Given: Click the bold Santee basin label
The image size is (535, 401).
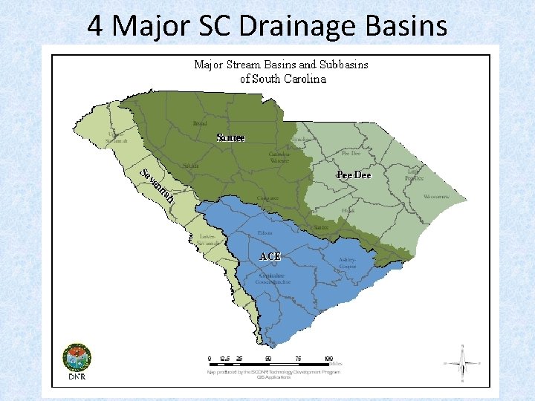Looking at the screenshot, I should pyautogui.click(x=230, y=137).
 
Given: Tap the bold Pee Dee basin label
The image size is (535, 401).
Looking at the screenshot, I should pyautogui.click(x=354, y=175).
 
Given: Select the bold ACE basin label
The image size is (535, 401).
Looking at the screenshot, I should pyautogui.click(x=270, y=256).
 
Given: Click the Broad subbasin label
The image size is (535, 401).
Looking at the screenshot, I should pyautogui.click(x=199, y=124).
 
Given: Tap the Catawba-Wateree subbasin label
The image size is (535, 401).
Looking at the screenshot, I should pyautogui.click(x=279, y=157).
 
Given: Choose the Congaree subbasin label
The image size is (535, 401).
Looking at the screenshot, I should pyautogui.click(x=267, y=198).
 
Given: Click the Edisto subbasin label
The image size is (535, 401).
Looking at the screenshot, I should pyautogui.click(x=265, y=233).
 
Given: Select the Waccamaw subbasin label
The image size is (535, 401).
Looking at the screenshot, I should pyautogui.click(x=437, y=198).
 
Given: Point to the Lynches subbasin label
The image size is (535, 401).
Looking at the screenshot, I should pyautogui.click(x=302, y=140).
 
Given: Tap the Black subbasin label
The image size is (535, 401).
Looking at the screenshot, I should pyautogui.click(x=348, y=211).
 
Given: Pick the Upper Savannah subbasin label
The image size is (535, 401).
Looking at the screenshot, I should pyautogui.click(x=116, y=138).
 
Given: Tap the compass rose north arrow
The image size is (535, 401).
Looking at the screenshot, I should pyautogui.click(x=461, y=363).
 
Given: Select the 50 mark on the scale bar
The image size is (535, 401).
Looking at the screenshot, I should pyautogui.click(x=267, y=357).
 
